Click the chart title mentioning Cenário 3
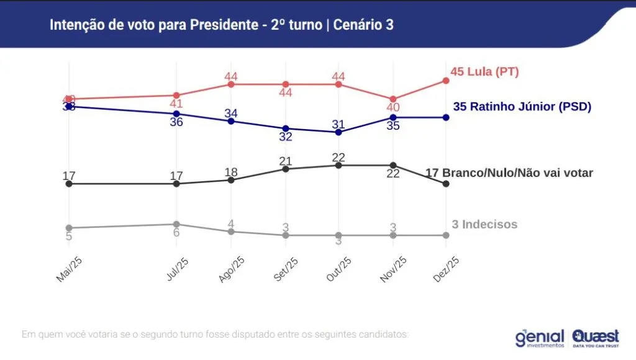[x=221, y=25]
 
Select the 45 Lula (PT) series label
[x=484, y=72]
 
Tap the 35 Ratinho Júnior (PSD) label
[x=522, y=107]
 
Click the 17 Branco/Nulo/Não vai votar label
[x=509, y=173]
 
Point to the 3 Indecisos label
[x=484, y=225]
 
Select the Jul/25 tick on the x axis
[x=178, y=269]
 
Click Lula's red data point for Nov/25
[x=393, y=99]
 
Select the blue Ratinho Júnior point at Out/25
[x=338, y=132]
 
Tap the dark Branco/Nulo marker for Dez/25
[x=446, y=184]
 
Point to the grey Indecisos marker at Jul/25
[x=176, y=224]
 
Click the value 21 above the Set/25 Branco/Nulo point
[x=285, y=162]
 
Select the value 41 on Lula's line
[x=176, y=104]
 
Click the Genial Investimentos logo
[x=539, y=338]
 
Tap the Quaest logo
[x=596, y=338]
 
